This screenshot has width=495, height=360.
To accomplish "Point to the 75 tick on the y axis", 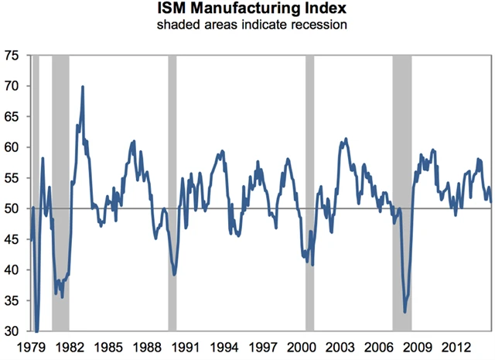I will pos(12,56).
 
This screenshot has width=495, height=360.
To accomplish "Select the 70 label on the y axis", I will pos(12,86).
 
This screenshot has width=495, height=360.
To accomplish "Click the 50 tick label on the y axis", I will pos(12,209).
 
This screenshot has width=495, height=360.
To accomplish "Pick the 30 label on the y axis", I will pos(12,331).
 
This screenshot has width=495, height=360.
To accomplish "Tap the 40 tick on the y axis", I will pos(12,270).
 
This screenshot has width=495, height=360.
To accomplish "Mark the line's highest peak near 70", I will pos(83,87).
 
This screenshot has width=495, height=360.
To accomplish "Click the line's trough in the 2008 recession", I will pos(405,311).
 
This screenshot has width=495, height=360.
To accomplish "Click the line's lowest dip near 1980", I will pos(36,329).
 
